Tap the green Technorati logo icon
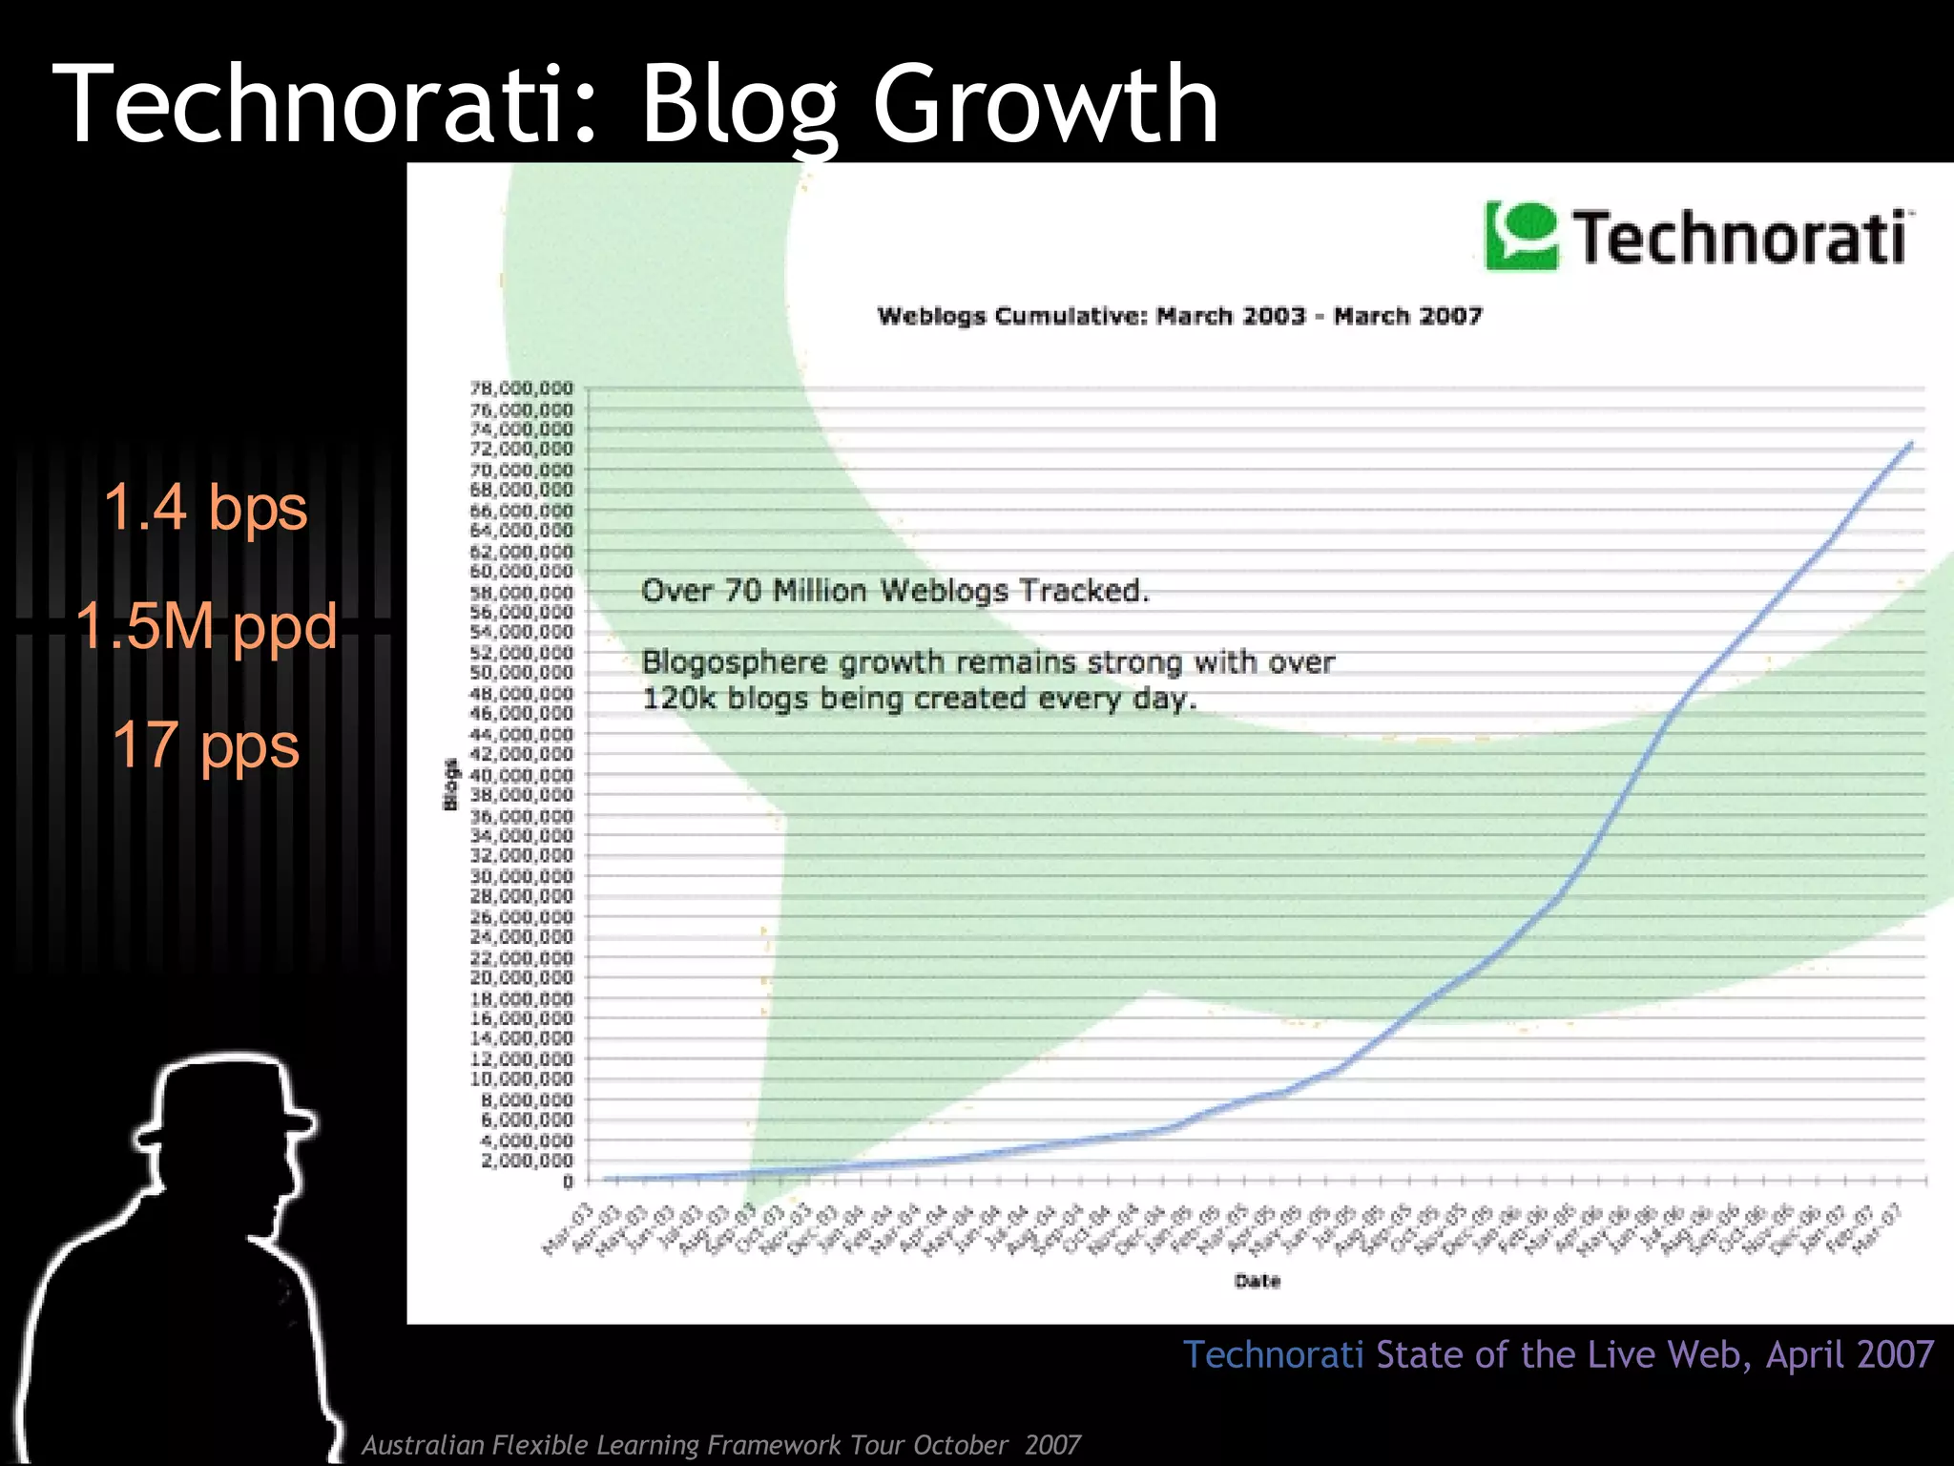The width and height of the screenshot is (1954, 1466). click(1521, 235)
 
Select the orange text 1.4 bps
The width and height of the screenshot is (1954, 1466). click(205, 507)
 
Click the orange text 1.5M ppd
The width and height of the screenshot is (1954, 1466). click(206, 626)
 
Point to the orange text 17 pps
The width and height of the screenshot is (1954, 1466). click(206, 745)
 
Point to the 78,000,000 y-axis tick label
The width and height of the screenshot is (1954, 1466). click(522, 388)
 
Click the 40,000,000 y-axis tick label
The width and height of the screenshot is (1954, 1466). click(522, 775)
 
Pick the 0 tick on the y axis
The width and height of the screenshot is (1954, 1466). click(568, 1182)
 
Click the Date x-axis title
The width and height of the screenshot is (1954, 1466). click(1257, 1281)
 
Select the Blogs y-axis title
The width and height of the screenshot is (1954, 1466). click(450, 785)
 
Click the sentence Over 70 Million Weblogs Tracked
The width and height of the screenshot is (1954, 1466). click(895, 591)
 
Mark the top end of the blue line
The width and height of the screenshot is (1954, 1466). click(1911, 444)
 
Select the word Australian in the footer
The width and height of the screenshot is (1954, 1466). click(423, 1445)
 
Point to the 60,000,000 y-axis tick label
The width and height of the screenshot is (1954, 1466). click(522, 572)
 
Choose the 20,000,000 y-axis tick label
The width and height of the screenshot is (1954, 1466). click(522, 978)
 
